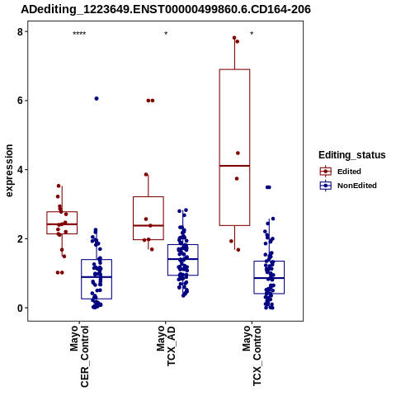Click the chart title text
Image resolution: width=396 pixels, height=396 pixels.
(x=166, y=9)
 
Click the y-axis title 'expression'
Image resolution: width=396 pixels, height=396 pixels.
(x=9, y=171)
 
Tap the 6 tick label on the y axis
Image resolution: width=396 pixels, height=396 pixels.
(x=20, y=101)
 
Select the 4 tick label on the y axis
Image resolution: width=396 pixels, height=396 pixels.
(x=20, y=170)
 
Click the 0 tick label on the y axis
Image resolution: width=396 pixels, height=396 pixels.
(x=20, y=309)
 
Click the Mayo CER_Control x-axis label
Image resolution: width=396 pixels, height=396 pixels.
(x=79, y=356)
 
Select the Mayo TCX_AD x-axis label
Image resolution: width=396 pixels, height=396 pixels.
(x=166, y=346)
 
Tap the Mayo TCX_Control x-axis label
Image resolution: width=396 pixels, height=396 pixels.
(x=252, y=356)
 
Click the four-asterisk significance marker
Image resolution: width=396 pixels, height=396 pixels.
(x=79, y=34)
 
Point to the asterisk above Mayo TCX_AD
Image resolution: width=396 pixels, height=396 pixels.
(x=166, y=34)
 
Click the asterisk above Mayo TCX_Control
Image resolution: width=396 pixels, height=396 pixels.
(x=252, y=34)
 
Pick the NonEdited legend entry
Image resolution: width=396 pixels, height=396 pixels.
(x=348, y=186)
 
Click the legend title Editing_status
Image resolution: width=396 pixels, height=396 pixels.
(x=352, y=155)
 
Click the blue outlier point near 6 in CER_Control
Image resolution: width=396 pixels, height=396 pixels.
(x=97, y=99)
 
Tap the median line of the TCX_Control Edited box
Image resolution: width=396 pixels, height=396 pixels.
(x=234, y=166)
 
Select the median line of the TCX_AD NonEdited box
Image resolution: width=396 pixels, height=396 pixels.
(x=183, y=259)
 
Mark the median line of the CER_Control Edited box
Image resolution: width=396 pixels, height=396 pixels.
(x=62, y=224)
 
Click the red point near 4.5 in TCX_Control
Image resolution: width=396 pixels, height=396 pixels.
(x=238, y=153)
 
